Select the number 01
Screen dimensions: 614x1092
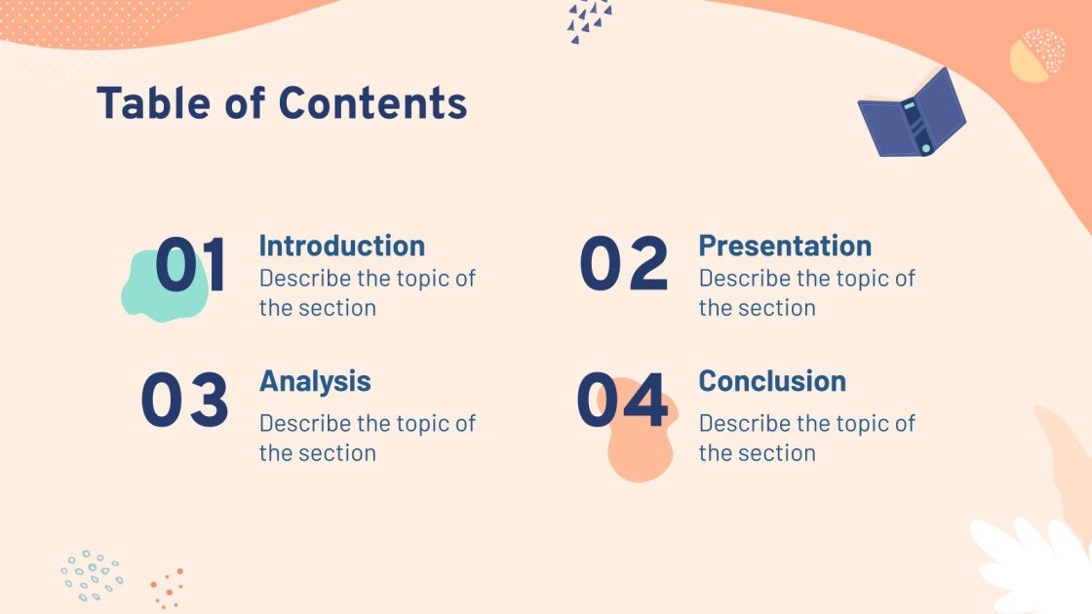click(191, 265)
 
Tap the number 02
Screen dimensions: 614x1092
click(624, 265)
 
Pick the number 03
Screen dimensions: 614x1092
click(185, 401)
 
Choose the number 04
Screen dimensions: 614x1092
click(622, 401)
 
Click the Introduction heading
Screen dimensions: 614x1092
click(341, 246)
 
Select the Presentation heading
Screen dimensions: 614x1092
click(785, 246)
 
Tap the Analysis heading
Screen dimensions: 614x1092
click(315, 381)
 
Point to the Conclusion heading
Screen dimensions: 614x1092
click(772, 381)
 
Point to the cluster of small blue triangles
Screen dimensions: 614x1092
click(589, 19)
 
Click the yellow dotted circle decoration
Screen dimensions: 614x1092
click(1036, 56)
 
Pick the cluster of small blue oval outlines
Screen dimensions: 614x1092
click(92, 575)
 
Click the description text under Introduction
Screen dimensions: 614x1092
click(367, 292)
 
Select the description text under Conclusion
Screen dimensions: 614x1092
click(806, 438)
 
